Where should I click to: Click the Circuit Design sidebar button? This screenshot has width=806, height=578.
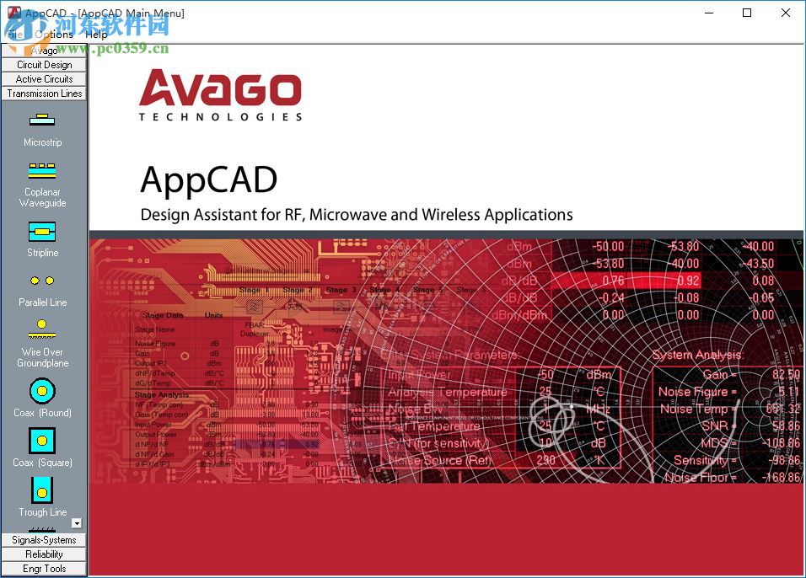[45, 65]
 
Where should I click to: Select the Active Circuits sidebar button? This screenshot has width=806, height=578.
[45, 79]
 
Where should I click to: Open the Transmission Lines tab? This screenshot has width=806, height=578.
[45, 94]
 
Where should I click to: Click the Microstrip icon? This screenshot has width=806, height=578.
[42, 120]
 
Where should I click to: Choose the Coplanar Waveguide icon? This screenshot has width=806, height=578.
[42, 171]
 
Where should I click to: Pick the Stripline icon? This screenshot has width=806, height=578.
[42, 231]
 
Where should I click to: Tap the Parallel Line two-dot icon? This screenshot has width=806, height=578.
[42, 281]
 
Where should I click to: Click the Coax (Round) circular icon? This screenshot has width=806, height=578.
[42, 391]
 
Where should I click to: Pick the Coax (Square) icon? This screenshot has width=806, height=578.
[42, 441]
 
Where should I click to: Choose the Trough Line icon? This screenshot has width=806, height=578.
[42, 490]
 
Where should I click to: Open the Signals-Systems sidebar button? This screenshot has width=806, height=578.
[45, 540]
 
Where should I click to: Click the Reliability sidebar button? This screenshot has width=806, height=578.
[45, 554]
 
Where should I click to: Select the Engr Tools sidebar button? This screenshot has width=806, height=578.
[45, 569]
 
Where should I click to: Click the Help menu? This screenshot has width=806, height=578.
[96, 35]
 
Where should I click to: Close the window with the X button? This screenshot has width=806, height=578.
[786, 13]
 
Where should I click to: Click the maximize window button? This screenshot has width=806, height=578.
[747, 13]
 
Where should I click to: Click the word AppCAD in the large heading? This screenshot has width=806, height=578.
[208, 179]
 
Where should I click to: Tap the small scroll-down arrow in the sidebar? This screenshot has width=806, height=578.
[77, 523]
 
